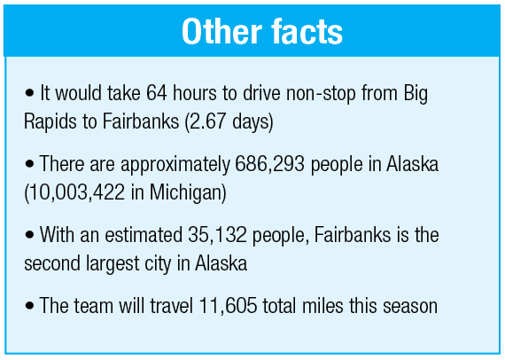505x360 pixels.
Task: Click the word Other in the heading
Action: point(221,32)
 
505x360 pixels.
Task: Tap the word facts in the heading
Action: point(307,32)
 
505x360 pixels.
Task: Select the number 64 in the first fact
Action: point(157,93)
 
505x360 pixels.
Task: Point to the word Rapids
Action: point(50,122)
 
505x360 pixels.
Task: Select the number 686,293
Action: point(269,164)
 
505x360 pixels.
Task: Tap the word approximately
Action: point(175,165)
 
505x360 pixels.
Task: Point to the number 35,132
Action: point(217,235)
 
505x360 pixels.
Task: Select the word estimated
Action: point(144,235)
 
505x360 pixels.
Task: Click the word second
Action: point(52,263)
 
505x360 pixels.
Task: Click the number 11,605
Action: point(228,306)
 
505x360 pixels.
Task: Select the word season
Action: point(410,307)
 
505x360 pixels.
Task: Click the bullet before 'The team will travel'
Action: point(29,306)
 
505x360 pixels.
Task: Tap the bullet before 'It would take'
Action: point(29,93)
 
